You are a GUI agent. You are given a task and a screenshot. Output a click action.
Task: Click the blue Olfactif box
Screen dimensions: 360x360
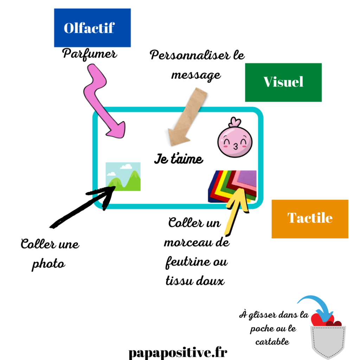tap(92, 28)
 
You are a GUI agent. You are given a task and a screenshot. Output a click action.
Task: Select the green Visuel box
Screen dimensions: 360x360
tap(283, 82)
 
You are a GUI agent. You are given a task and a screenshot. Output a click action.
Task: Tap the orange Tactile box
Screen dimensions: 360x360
tap(310, 219)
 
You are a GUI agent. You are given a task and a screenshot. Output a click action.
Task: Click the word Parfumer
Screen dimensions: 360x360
tap(90, 54)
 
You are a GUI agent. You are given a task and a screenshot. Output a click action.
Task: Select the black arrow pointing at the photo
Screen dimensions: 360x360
tap(81, 207)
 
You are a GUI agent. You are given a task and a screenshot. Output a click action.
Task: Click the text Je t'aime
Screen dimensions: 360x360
tap(179, 159)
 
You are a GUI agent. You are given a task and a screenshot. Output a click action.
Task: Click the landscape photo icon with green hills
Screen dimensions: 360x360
tap(123, 176)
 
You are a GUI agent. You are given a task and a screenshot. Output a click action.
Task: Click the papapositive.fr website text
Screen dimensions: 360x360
tap(178, 352)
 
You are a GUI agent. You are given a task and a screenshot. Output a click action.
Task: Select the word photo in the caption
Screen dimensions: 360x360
tap(49, 264)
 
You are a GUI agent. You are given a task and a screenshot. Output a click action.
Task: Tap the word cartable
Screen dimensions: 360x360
tap(272, 341)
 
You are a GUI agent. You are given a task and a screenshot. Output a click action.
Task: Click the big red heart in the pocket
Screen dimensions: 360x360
tap(318, 320)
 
